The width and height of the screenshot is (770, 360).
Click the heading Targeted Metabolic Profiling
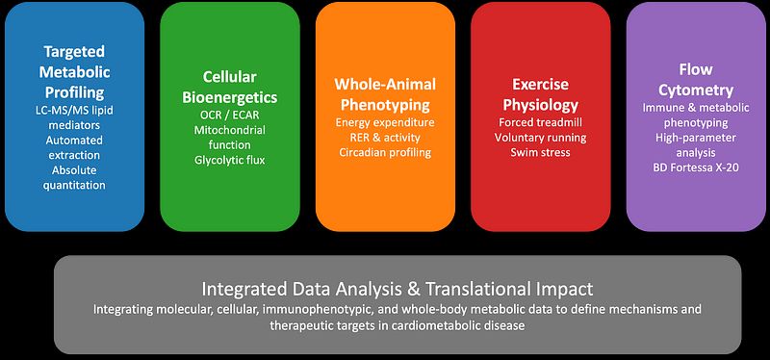(75, 71)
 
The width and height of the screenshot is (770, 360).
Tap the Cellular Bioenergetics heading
(230, 87)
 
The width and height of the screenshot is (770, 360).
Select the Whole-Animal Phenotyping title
(385, 94)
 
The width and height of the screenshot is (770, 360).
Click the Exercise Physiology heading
(541, 94)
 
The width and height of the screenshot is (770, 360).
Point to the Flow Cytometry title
(696, 80)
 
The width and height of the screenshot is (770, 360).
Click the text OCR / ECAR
(230, 116)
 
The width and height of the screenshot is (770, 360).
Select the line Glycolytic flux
(230, 160)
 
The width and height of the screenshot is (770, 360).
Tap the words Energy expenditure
(385, 123)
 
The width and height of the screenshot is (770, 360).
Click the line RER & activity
(385, 138)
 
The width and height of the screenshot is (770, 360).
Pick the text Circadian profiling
(385, 152)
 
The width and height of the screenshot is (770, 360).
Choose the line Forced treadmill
(541, 122)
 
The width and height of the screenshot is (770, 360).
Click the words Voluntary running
(541, 138)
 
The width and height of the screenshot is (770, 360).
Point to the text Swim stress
(541, 152)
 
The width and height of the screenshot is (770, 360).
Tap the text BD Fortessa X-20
(696, 167)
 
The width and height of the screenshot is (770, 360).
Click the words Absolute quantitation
(75, 178)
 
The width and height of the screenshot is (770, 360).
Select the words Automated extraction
(75, 147)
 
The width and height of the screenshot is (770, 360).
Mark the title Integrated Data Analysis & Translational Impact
(398, 289)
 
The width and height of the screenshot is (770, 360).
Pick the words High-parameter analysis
(696, 145)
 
